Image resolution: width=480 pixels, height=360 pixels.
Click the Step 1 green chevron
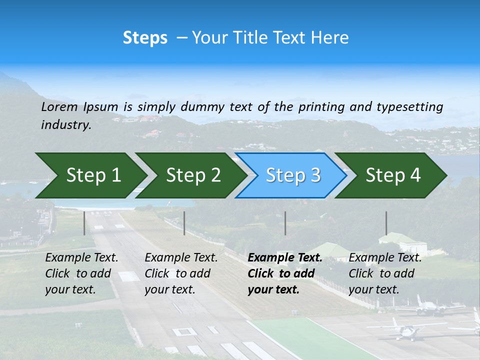tap(90, 175)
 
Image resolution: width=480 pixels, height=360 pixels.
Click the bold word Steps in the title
tap(145, 38)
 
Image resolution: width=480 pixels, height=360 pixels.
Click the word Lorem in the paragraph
tap(59, 107)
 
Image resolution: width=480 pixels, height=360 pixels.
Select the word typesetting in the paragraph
tap(409, 107)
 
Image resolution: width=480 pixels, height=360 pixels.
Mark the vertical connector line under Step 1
tap(84, 223)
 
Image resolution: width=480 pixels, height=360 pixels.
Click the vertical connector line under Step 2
tap(184, 223)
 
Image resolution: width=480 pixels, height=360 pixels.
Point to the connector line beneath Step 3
tap(285, 223)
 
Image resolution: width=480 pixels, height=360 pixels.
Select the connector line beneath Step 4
tap(386, 223)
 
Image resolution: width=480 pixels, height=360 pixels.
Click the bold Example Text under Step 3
tap(285, 258)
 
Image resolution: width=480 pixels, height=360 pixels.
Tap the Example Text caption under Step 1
tap(81, 258)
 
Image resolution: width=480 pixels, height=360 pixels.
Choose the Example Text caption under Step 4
tap(385, 258)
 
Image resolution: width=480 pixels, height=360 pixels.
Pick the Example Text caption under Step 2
tap(181, 258)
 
